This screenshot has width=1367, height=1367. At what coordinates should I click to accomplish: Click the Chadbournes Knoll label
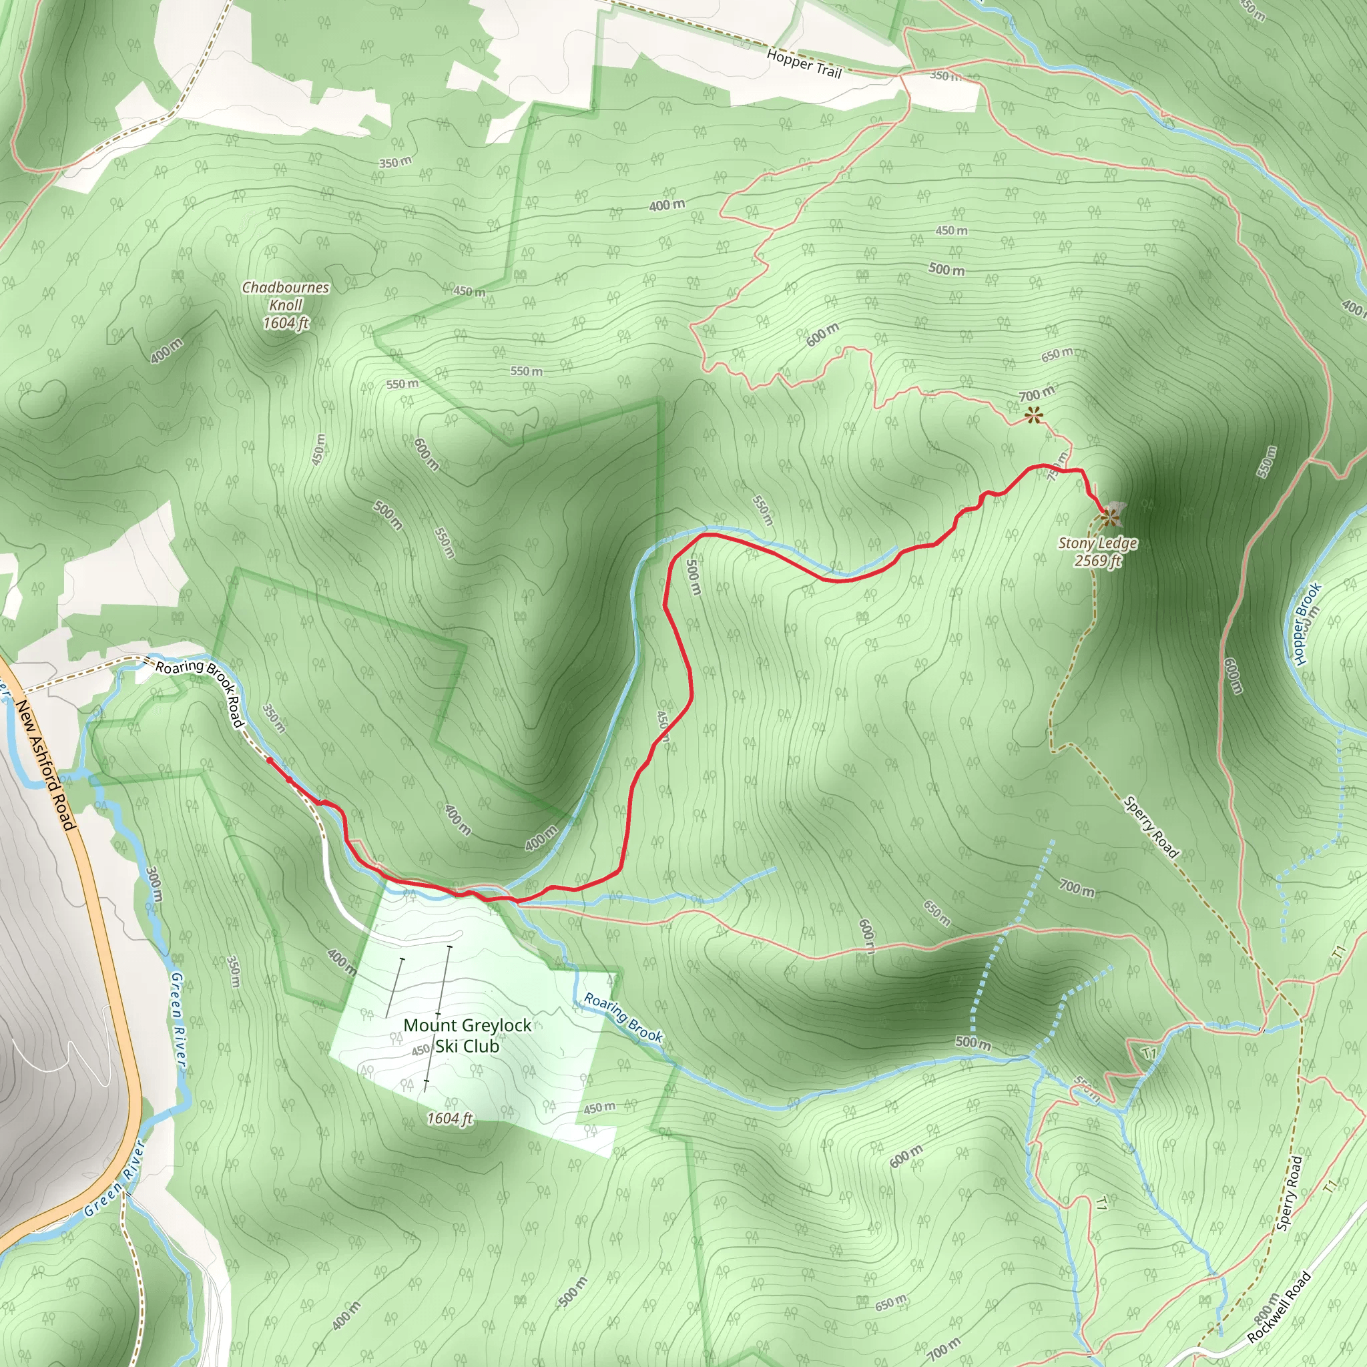[x=286, y=305]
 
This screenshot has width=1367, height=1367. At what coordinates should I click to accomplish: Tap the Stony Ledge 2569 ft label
[x=1097, y=552]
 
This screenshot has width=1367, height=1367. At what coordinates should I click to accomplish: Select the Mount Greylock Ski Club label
[x=467, y=1036]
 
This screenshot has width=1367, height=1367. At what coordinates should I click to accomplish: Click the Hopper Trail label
[x=804, y=63]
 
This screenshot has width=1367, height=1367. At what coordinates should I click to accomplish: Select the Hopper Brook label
[x=1307, y=623]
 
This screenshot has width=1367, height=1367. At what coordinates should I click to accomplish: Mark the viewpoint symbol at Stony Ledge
[x=1109, y=519]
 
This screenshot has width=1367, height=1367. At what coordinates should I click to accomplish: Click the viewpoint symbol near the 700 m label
[x=1034, y=415]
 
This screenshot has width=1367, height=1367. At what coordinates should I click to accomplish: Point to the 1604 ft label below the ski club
[x=450, y=1118]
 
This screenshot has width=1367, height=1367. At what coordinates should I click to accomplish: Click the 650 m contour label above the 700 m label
[x=1057, y=354]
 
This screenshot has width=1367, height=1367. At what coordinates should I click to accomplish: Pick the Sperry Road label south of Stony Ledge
[x=1151, y=826]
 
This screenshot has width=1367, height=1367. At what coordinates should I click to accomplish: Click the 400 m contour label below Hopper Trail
[x=667, y=205]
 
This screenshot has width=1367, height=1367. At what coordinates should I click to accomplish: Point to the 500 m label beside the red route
[x=694, y=577]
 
